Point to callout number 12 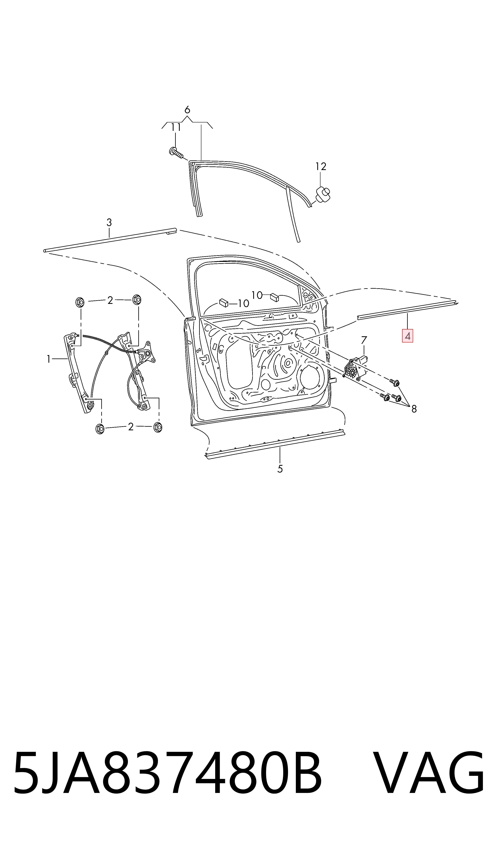pyautogui.click(x=321, y=166)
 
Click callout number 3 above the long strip pyautogui.click(x=109, y=222)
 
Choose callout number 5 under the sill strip pyautogui.click(x=280, y=469)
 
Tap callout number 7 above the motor pyautogui.click(x=364, y=340)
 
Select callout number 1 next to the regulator pyautogui.click(x=49, y=359)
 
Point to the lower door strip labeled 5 pyautogui.click(x=275, y=444)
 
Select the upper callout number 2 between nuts pyautogui.click(x=110, y=300)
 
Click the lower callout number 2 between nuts pyautogui.click(x=131, y=427)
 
